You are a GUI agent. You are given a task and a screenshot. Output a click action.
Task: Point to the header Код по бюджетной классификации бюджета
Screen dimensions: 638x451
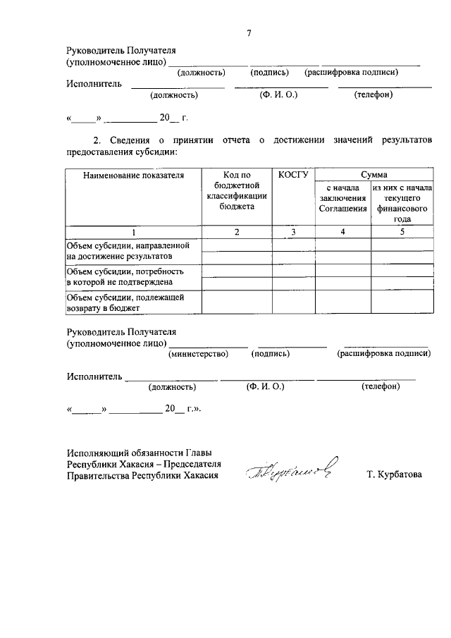pyautogui.click(x=237, y=190)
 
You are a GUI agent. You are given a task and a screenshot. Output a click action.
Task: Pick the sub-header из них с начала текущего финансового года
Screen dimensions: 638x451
pyautogui.click(x=402, y=203)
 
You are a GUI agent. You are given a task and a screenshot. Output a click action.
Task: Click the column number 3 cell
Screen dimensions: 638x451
pyautogui.click(x=293, y=231)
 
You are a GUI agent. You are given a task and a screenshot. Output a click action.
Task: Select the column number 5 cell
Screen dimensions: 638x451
pyautogui.click(x=402, y=231)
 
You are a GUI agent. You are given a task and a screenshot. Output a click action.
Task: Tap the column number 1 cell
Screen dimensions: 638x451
pyautogui.click(x=133, y=231)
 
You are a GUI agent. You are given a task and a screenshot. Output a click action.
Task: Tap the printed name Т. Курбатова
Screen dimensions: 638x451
pyautogui.click(x=395, y=475)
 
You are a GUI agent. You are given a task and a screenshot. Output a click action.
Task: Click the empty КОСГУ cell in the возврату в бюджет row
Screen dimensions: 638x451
pyautogui.click(x=293, y=302)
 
